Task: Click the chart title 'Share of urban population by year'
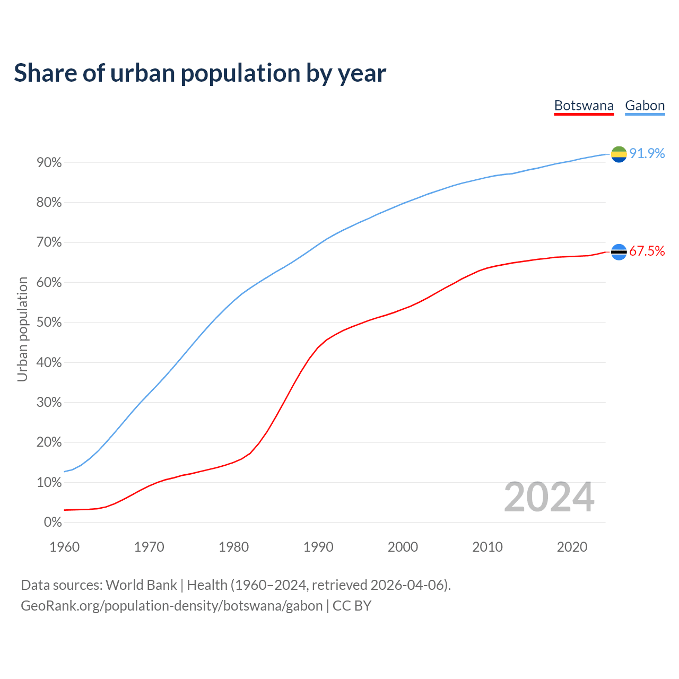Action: pos(200,73)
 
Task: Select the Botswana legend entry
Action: pos(584,106)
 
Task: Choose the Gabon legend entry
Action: pos(645,106)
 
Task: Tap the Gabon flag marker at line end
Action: pos(619,154)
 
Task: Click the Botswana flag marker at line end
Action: pos(619,252)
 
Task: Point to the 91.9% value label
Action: pos(647,154)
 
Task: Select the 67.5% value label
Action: pos(647,251)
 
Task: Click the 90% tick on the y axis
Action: pos(49,163)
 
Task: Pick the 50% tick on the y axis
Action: pos(49,323)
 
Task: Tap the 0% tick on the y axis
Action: pos(53,523)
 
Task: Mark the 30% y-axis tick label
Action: pos(49,403)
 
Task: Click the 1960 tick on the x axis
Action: pos(65,547)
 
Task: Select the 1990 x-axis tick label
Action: pos(318,547)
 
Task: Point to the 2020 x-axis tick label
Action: pos(572,547)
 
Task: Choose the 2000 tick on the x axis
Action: pos(403,547)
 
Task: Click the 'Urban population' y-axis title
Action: pos(22,329)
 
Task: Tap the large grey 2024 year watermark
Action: pos(549,498)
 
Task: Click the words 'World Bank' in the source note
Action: pos(141,585)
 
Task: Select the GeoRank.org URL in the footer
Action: pos(171,606)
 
